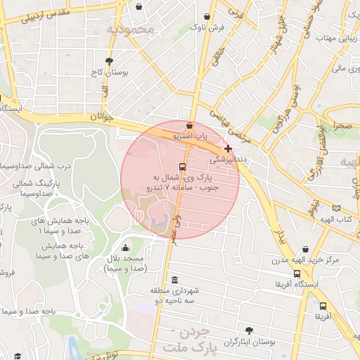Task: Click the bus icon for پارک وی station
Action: tap(183, 167)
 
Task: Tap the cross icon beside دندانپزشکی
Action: tap(228, 148)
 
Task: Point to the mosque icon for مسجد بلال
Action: tap(125, 247)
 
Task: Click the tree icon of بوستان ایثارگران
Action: tap(249, 330)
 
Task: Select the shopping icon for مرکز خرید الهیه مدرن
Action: tap(305, 249)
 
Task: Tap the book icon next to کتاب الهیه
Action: tap(336, 208)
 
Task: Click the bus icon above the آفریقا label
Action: tap(323, 306)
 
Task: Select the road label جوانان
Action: tap(101, 118)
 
